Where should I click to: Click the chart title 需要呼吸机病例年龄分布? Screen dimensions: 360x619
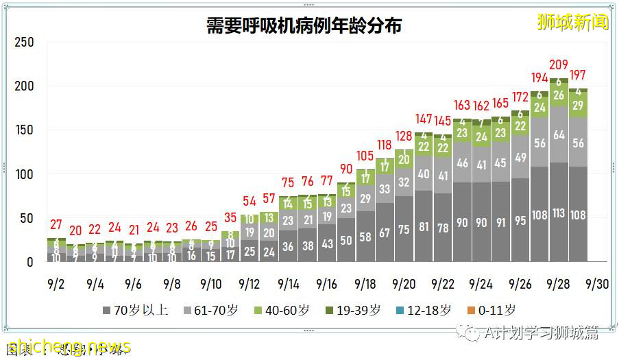tap(304, 25)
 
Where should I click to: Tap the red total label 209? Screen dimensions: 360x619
tap(559, 66)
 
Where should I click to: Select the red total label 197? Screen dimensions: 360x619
tap(578, 75)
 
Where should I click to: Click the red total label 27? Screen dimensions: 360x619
tap(56, 225)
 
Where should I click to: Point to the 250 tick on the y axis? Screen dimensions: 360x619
tap(24, 43)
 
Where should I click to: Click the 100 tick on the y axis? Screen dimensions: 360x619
tap(24, 174)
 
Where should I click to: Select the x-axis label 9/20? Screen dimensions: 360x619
tap(403, 284)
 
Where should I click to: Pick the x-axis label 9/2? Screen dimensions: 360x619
tap(56, 284)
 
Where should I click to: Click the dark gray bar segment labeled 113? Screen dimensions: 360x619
tap(559, 213)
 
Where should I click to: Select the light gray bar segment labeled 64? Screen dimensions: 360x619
tap(559, 135)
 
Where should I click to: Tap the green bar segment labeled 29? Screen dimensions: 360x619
tap(578, 105)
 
